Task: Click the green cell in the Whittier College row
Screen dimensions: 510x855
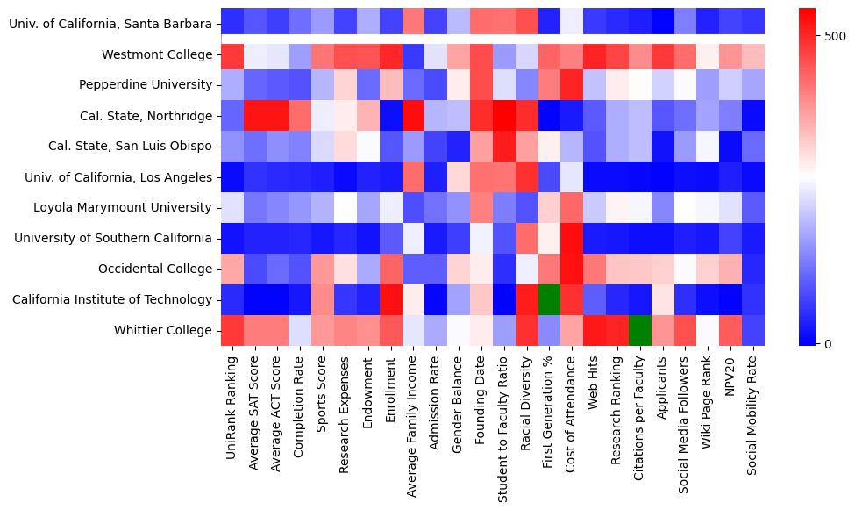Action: (x=640, y=330)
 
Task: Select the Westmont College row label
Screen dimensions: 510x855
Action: (x=157, y=54)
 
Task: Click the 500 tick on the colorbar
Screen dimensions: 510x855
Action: (x=836, y=36)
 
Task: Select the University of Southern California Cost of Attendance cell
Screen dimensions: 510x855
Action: (x=573, y=238)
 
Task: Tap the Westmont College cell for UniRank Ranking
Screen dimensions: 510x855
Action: (x=232, y=54)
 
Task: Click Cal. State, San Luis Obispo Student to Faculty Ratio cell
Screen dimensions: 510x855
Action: (x=504, y=147)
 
